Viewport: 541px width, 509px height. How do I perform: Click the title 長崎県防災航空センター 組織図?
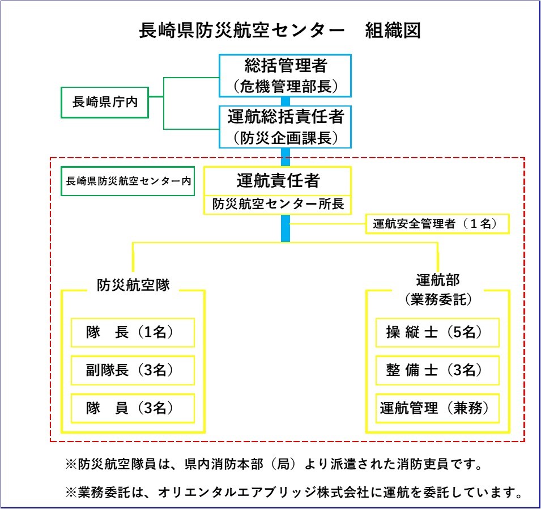pyautogui.click(x=280, y=31)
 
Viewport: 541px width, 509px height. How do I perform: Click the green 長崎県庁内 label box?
pyautogui.click(x=105, y=103)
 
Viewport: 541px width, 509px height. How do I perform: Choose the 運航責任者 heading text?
pyautogui.click(x=278, y=180)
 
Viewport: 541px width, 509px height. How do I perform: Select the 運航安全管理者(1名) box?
pyautogui.click(x=437, y=224)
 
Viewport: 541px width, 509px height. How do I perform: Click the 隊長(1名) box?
pyautogui.click(x=133, y=333)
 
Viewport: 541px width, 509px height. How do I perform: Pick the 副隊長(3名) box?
pyautogui.click(x=133, y=370)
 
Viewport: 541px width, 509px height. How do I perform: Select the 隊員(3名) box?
pyautogui.click(x=133, y=408)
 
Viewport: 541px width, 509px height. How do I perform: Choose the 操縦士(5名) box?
pyautogui.click(x=437, y=333)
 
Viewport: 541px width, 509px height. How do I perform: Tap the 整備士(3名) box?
pyautogui.click(x=437, y=370)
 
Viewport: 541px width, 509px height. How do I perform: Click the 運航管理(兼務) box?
pyautogui.click(x=437, y=408)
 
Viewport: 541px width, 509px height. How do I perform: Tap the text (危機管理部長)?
pyautogui.click(x=285, y=86)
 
